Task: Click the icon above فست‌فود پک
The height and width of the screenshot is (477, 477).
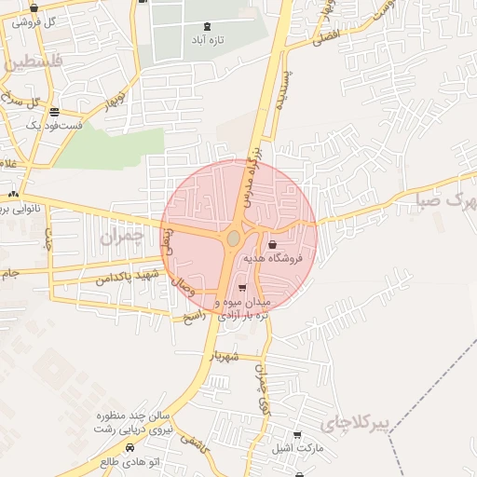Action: point(53,111)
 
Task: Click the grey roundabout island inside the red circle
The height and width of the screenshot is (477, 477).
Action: point(233,239)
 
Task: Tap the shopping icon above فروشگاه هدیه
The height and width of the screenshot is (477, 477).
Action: point(272,246)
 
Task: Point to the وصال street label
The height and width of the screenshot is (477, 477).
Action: point(202,289)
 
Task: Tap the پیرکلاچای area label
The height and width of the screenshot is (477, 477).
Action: point(353,425)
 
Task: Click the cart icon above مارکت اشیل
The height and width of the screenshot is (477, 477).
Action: point(296,435)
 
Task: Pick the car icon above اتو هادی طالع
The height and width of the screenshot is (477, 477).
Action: point(129,447)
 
